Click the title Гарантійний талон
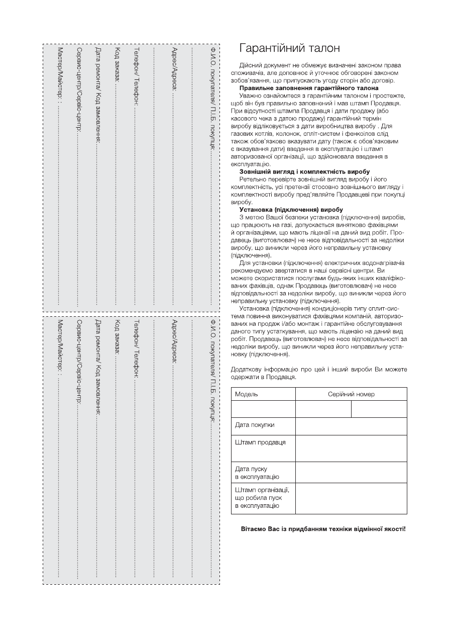pos(290,48)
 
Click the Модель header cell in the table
pos(247,394)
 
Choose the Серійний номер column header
pos(351,394)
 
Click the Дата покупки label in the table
pos(255,425)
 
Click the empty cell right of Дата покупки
pos(351,425)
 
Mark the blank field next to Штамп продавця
pos(351,448)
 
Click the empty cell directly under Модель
pos(263,409)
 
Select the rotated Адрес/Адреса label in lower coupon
pos(174,341)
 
